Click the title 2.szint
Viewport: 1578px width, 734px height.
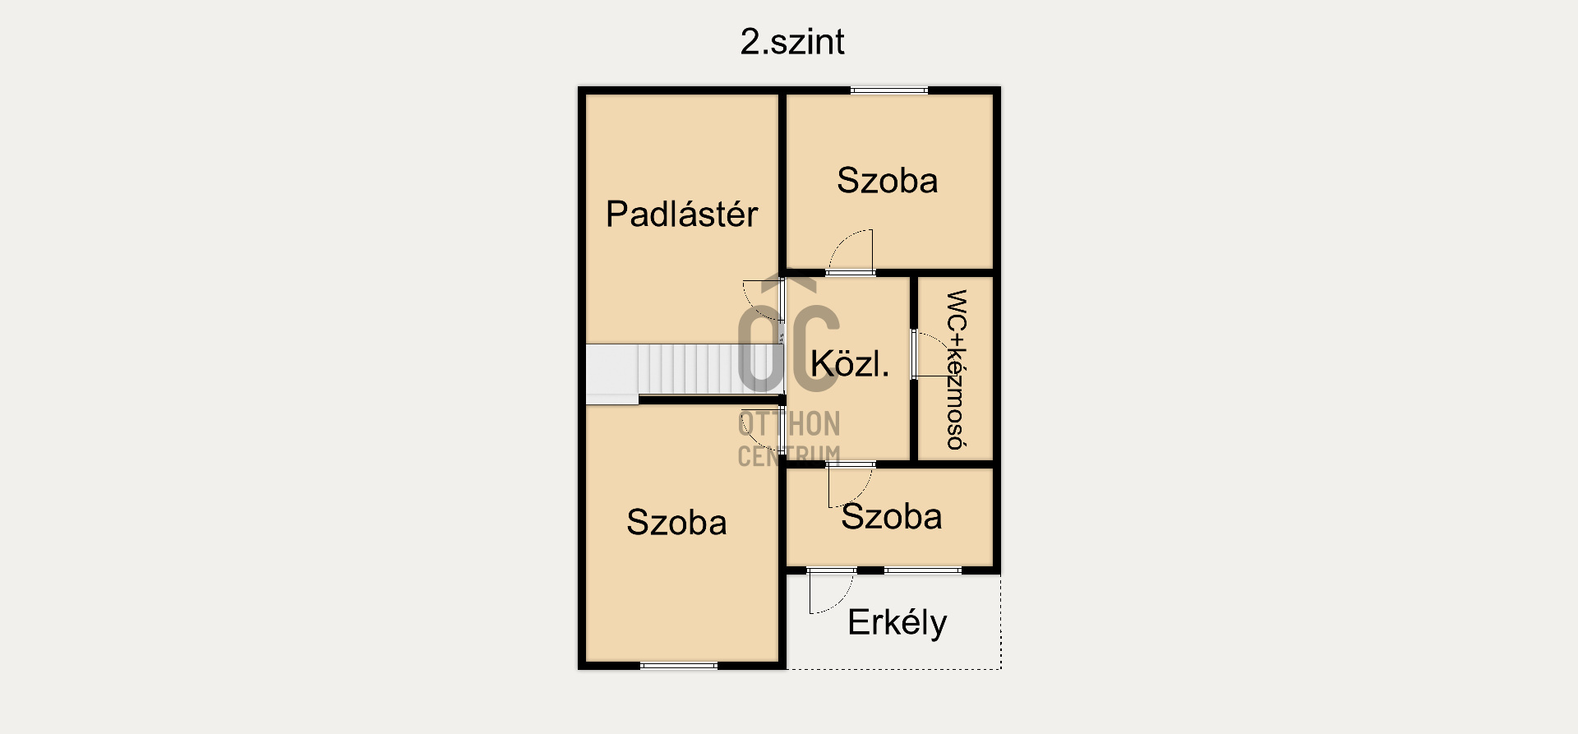coord(791,42)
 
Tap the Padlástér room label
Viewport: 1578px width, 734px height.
coord(681,215)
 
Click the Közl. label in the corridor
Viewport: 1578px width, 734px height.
coord(849,364)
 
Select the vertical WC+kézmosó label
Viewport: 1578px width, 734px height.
coord(956,369)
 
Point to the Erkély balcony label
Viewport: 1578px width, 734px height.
coord(897,623)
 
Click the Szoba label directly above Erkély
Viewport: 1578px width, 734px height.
coord(891,517)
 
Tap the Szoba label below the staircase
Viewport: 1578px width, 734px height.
coord(676,523)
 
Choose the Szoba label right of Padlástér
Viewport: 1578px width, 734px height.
coord(887,181)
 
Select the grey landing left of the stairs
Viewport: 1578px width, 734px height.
coord(611,372)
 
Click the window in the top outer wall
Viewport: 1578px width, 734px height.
coord(888,90)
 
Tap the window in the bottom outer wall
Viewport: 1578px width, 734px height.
coord(678,665)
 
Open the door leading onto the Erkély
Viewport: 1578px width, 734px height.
coord(830,590)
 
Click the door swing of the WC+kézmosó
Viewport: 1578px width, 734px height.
coord(930,354)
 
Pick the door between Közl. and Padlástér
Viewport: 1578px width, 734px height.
coord(761,300)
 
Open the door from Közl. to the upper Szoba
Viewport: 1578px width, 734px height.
coord(851,252)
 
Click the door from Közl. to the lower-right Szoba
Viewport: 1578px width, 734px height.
coord(851,484)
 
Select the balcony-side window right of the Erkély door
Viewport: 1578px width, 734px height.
coord(923,570)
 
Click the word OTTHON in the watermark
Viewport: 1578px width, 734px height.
coord(789,424)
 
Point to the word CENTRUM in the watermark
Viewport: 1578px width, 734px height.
coord(789,455)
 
